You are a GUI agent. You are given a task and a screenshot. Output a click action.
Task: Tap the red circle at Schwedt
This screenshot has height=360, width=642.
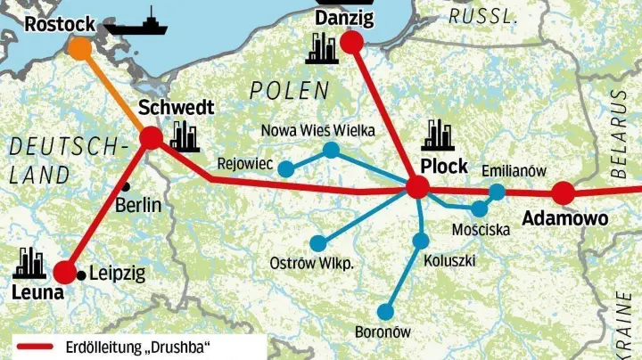coord(151,138)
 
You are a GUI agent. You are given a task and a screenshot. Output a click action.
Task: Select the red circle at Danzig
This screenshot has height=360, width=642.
coord(351,42)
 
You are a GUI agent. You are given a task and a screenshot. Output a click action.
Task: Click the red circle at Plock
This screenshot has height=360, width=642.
coord(417,186)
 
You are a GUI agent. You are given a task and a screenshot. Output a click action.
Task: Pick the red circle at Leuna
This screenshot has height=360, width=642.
coord(64,272)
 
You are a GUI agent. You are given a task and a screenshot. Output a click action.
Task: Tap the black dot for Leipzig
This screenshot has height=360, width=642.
coord(82,274)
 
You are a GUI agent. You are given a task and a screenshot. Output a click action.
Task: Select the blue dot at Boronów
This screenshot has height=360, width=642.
coord(385,311)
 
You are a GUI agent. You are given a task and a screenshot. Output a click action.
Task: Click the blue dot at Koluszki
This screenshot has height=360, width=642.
coord(421,241)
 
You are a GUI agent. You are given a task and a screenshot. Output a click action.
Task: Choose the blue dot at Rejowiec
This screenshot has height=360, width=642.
coord(286,168)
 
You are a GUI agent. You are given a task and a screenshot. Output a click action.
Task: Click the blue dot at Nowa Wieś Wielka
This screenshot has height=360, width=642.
coord(332,150)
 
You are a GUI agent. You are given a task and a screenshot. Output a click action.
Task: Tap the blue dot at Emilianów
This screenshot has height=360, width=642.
coord(497,191)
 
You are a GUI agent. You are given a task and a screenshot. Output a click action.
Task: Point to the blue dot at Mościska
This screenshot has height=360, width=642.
coord(480,209)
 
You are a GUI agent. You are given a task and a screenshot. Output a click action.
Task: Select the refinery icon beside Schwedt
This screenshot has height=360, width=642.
coord(185,135)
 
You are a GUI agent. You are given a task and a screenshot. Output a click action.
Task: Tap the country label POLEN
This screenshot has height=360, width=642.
coord(289,90)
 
